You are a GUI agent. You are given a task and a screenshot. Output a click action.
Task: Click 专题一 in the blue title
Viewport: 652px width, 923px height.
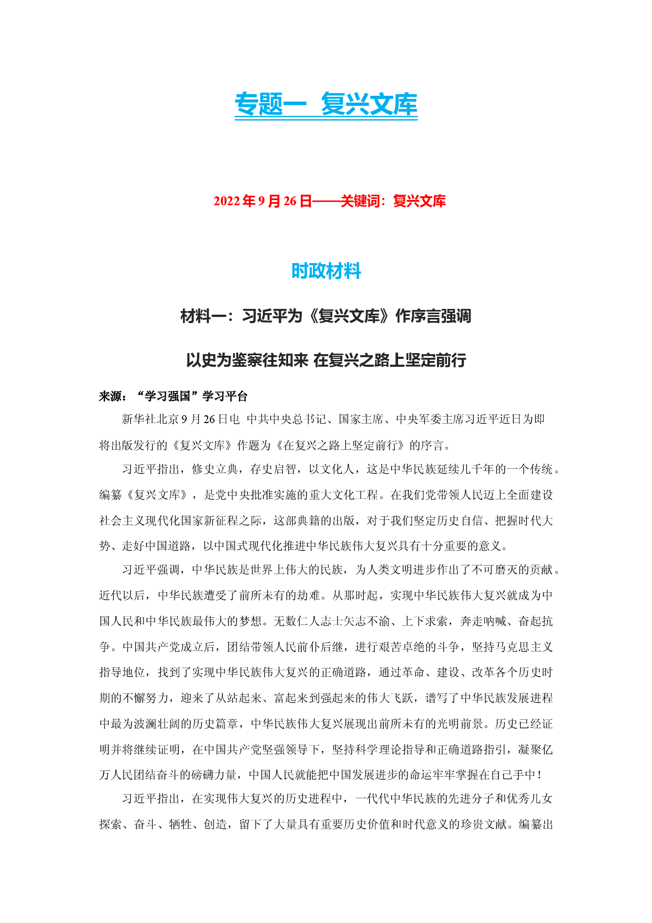click(270, 104)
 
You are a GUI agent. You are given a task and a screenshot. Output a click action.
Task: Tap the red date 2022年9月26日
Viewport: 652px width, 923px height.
click(263, 201)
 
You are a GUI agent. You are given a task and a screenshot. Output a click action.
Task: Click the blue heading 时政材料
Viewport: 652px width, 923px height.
click(326, 271)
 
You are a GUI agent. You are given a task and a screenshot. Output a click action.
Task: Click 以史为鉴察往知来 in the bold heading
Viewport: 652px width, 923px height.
click(247, 360)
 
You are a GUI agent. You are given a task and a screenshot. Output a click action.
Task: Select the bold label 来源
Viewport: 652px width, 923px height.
click(110, 396)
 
